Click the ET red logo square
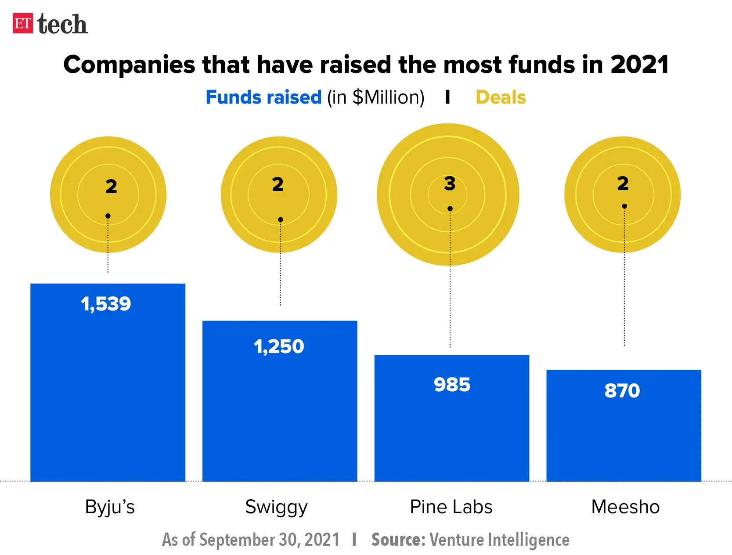pyautogui.click(x=22, y=24)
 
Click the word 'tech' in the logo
pyautogui.click(x=62, y=24)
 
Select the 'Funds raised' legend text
pyautogui.click(x=263, y=97)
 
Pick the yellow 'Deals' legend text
pyautogui.click(x=501, y=97)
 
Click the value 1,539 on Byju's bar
pyautogui.click(x=106, y=304)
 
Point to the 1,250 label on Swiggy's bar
pyautogui.click(x=279, y=346)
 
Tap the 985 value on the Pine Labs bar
pyautogui.click(x=452, y=385)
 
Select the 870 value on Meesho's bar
pyautogui.click(x=622, y=390)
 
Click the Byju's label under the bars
pyautogui.click(x=110, y=507)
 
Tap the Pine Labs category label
pyautogui.click(x=451, y=507)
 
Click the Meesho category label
pyautogui.click(x=625, y=507)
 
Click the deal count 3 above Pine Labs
pyautogui.click(x=450, y=184)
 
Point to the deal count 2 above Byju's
pyautogui.click(x=111, y=187)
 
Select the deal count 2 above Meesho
pyautogui.click(x=623, y=184)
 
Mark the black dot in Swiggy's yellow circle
pyautogui.click(x=281, y=220)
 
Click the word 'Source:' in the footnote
pyautogui.click(x=398, y=540)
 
